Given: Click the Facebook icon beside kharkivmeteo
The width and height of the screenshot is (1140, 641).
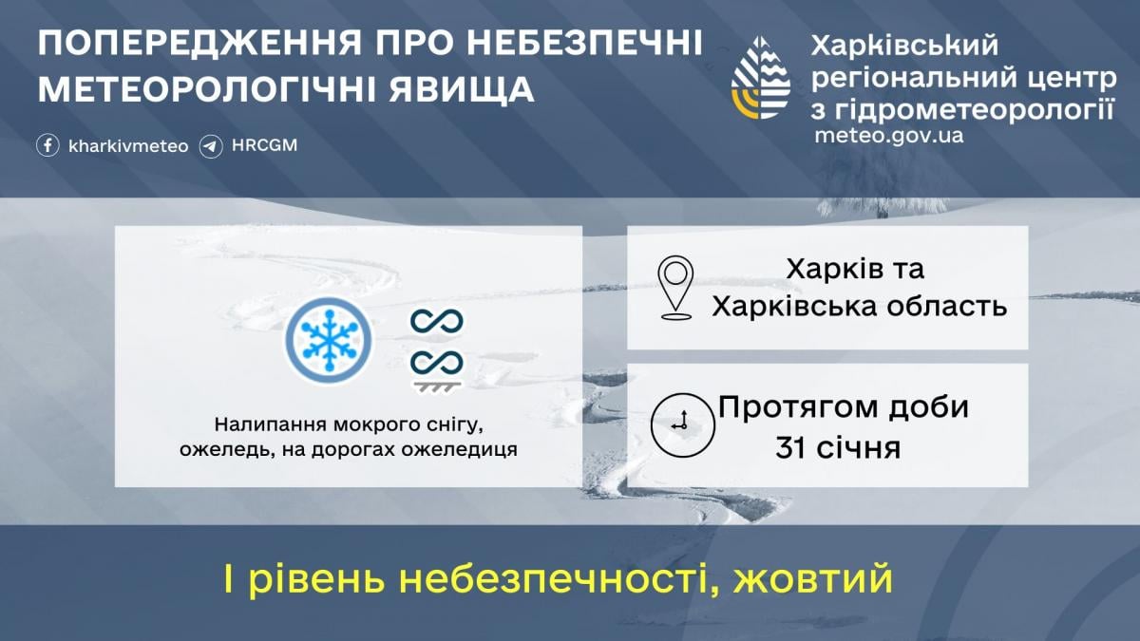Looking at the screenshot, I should click(48, 146).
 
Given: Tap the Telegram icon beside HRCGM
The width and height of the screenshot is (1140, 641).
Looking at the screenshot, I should click(211, 146).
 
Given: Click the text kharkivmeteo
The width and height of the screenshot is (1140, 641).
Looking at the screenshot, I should click(128, 146).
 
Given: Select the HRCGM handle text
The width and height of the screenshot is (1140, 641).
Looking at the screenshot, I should click(264, 146).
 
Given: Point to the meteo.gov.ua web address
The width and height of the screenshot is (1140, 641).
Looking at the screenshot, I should click(889, 135).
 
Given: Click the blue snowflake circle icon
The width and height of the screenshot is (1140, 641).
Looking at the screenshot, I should click(328, 340).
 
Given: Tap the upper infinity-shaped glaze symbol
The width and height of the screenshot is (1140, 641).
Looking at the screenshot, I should click(436, 321).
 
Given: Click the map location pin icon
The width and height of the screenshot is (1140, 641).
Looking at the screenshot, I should click(675, 286).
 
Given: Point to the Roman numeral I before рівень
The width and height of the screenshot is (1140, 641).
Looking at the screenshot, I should click(230, 578).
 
